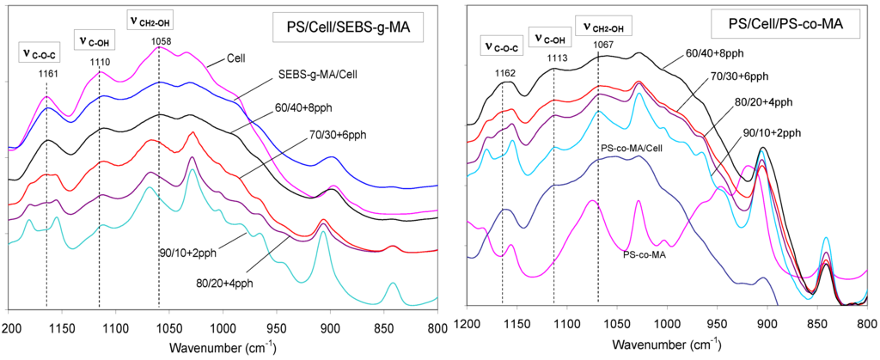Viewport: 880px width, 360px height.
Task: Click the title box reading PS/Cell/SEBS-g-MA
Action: pyautogui.click(x=349, y=28)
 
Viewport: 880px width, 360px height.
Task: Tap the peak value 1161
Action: pyautogui.click(x=48, y=74)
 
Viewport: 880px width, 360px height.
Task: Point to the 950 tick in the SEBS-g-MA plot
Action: pyautogui.click(x=276, y=327)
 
